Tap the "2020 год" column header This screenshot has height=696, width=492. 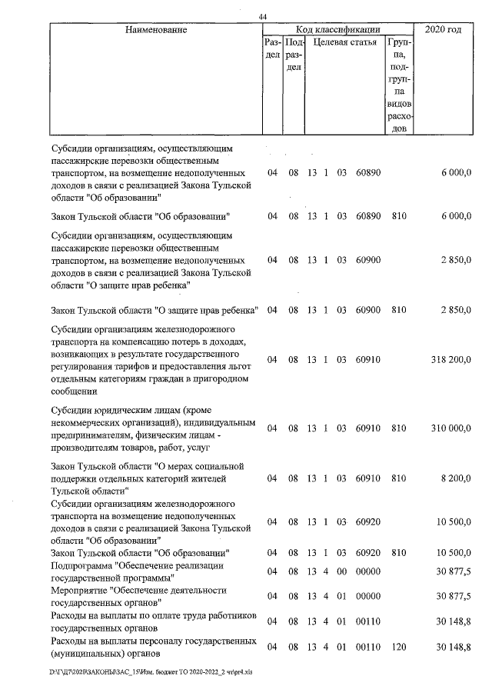443,30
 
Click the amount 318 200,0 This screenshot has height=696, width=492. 447,359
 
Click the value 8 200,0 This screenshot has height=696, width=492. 453,478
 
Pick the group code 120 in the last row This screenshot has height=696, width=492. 398,648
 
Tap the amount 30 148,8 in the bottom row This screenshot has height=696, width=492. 451,648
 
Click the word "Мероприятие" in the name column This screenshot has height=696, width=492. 80,590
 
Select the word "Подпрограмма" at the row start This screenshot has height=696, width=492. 82,565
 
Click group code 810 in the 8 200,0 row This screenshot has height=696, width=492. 398,478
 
